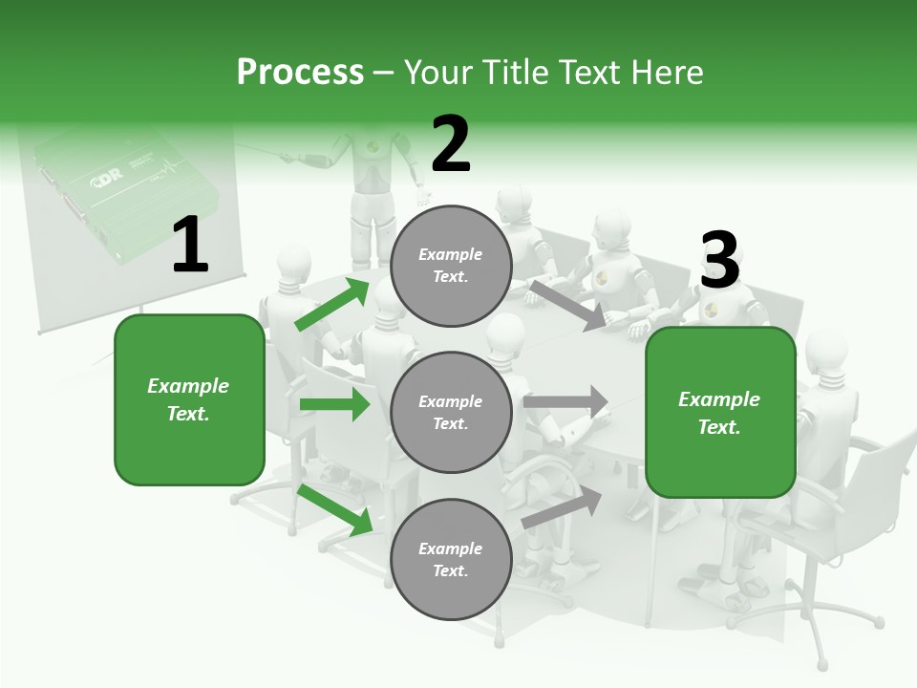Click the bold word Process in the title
300,72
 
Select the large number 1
190,246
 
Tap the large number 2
451,144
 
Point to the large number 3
719,261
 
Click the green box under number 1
189,399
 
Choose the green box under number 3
720,412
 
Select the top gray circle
451,266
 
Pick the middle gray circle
451,412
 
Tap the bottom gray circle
451,559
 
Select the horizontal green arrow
334,404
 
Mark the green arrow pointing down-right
335,510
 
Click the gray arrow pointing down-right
568,305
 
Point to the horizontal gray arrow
565,401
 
